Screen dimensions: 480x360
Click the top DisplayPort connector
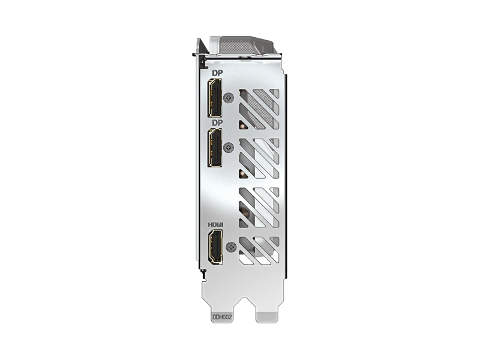click(215, 98)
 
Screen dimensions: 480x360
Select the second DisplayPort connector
click(215, 148)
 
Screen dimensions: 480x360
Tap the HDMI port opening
click(215, 247)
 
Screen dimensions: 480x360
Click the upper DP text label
click(218, 73)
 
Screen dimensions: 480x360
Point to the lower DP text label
click(218, 123)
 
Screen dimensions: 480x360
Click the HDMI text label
click(216, 224)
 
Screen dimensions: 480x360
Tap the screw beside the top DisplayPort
click(229, 98)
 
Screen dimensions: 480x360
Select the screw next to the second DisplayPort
click(229, 148)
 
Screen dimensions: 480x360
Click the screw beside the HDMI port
click(232, 247)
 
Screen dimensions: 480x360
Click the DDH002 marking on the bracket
click(222, 317)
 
